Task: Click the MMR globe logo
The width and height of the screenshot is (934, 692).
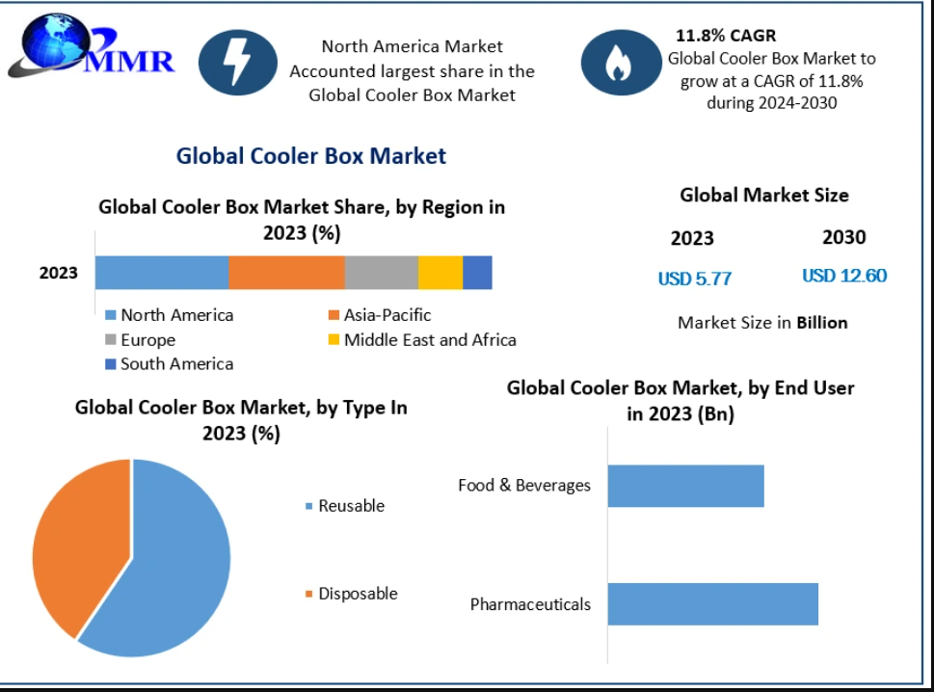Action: coord(91,46)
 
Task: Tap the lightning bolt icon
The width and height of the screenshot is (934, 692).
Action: coord(238,63)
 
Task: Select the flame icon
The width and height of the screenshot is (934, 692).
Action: coord(621,63)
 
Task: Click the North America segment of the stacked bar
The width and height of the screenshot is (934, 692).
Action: coord(162,273)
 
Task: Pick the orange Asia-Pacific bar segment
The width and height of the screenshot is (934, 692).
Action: coord(286,273)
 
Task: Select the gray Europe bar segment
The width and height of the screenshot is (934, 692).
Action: coord(382,273)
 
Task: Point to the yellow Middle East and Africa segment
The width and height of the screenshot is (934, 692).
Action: coord(440,273)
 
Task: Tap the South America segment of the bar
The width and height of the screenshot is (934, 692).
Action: coord(477,273)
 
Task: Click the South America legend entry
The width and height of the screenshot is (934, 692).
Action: coord(170,364)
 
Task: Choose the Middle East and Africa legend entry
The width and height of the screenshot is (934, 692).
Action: coord(422,340)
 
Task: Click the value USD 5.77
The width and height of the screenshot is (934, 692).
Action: coord(695,279)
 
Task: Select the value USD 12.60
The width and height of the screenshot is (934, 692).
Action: coord(844,276)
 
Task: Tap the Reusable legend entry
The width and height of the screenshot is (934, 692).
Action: coord(345,506)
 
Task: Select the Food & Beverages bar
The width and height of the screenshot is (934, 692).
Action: coord(685,486)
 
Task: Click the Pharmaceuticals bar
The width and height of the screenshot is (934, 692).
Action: coord(713,604)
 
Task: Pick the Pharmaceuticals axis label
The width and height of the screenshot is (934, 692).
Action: coord(530,604)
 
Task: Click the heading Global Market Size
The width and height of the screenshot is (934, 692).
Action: coord(764,196)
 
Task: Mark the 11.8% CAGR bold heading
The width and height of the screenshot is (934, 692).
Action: coord(726,36)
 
